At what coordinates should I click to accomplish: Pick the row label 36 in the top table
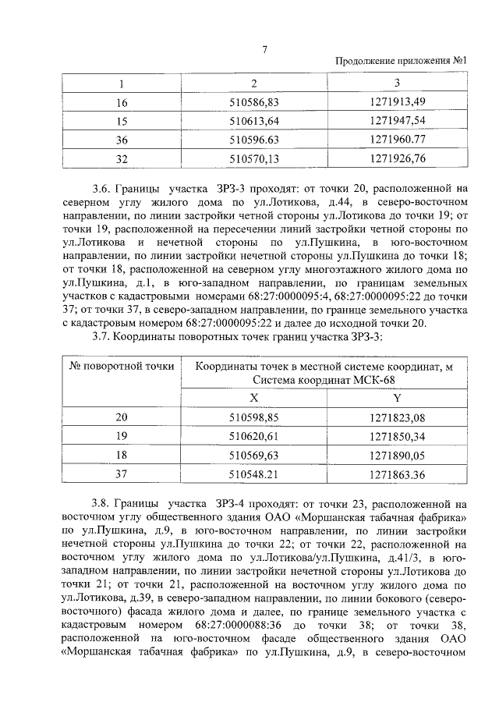pyautogui.click(x=121, y=140)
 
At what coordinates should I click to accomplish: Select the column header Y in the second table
pyautogui.click(x=396, y=397)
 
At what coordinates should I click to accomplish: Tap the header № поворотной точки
pyautogui.click(x=121, y=366)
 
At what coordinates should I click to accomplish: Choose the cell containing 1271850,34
pyautogui.click(x=396, y=435)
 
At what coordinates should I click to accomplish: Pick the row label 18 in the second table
pyautogui.click(x=121, y=454)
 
